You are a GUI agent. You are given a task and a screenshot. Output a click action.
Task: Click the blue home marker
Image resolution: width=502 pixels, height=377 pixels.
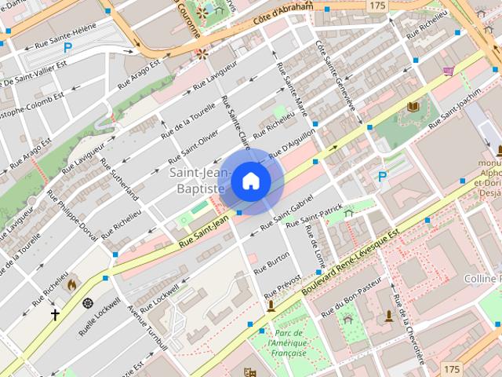point(250,181)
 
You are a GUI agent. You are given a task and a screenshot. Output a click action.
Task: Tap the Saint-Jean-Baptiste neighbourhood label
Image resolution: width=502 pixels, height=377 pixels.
point(198,181)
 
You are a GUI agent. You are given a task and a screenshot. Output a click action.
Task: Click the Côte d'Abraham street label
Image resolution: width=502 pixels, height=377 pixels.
point(283,13)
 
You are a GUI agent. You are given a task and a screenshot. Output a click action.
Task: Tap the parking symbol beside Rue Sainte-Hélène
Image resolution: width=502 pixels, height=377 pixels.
point(67,48)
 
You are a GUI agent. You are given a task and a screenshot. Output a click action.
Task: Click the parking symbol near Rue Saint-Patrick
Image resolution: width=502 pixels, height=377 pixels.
point(382,178)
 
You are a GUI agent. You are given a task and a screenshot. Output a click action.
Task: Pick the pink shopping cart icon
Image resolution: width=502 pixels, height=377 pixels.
point(448,71)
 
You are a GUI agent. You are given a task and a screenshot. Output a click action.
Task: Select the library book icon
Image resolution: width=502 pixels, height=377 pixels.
point(413,106)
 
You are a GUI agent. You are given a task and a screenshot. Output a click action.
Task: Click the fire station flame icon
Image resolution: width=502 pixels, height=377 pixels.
point(72,284)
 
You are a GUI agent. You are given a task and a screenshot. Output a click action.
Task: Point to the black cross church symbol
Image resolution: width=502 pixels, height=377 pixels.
point(55,315)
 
